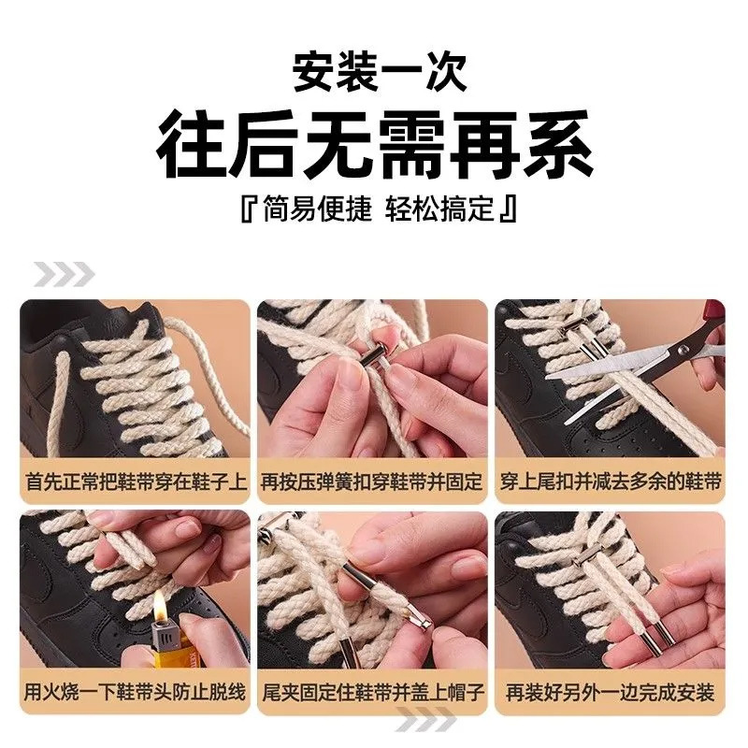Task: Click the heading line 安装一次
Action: (x=379, y=73)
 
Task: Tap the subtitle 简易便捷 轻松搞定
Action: (x=379, y=209)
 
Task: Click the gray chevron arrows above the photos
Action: (x=64, y=274)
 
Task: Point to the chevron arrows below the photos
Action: (x=425, y=719)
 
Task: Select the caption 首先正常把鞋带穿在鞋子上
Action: (x=136, y=482)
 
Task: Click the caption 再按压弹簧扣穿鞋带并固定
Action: (x=372, y=482)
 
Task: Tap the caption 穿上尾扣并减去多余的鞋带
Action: (x=611, y=482)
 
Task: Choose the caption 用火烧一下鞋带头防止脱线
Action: (x=136, y=692)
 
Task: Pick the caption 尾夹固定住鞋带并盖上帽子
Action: (x=372, y=692)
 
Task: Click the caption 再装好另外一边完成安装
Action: (x=611, y=692)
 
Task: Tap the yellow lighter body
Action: (x=165, y=652)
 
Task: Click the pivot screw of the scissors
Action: (x=683, y=350)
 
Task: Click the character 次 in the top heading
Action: (x=446, y=73)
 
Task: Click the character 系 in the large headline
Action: (x=558, y=145)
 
